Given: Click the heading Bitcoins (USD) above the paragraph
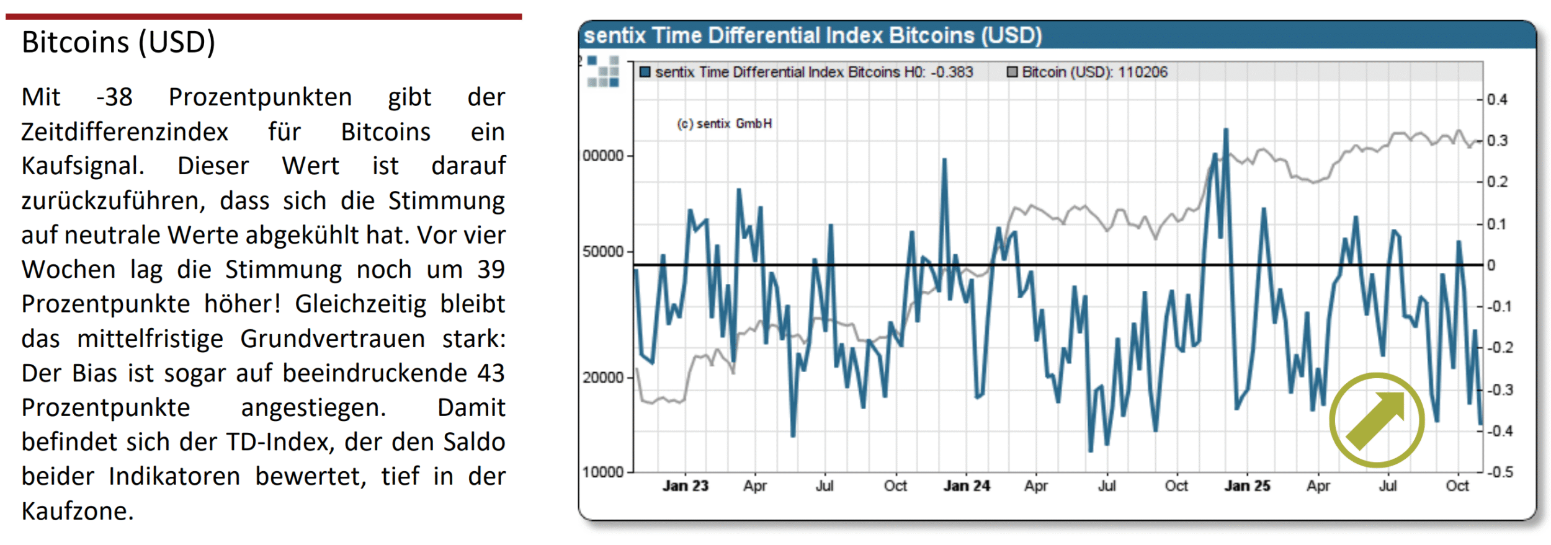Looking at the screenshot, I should pos(118,42).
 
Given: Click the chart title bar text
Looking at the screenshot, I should pos(812,35).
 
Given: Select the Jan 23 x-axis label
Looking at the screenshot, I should pos(685,486).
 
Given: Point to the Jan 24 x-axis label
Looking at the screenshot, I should pos(966,486).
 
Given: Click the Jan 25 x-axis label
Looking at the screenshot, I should pos(1247,486).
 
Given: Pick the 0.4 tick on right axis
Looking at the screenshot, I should pos(1497,99).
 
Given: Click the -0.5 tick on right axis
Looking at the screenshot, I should pos(1500,472).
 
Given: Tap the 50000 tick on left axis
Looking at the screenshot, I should pos(603,252).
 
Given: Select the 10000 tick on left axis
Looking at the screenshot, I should pos(603,472).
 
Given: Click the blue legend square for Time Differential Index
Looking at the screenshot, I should pos(645,73).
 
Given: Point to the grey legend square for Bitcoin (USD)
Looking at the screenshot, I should pos(1012,73).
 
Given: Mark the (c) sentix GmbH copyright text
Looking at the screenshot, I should pos(724,124).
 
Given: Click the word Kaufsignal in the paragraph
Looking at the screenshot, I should pos(82,166).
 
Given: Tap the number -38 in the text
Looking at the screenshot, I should pos(114,97).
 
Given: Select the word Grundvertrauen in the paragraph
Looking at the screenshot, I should pos(333,339).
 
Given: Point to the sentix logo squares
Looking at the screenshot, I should pos(603,72).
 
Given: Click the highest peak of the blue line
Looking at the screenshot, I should pos(1226,130).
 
